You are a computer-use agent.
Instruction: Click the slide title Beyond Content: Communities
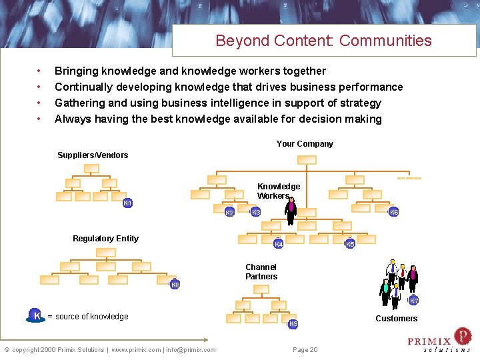click(x=323, y=41)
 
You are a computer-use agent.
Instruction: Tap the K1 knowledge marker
click(x=128, y=203)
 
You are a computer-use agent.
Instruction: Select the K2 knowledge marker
click(x=229, y=213)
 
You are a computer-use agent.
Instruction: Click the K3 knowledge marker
click(x=255, y=212)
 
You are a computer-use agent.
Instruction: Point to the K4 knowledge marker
click(x=279, y=245)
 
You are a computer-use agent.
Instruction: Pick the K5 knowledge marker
click(x=350, y=244)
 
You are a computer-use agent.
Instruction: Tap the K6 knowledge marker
click(x=394, y=212)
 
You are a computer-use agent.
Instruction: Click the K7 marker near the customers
click(x=414, y=301)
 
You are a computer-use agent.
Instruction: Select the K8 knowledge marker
click(x=175, y=285)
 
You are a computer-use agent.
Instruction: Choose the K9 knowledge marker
click(x=293, y=324)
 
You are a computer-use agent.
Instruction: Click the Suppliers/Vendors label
click(x=93, y=155)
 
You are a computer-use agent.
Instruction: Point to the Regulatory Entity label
click(x=105, y=239)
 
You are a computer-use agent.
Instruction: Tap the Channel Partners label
click(x=261, y=272)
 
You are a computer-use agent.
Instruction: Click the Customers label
click(x=396, y=319)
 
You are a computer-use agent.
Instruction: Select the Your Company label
click(x=305, y=144)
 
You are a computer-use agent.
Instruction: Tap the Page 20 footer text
click(x=305, y=350)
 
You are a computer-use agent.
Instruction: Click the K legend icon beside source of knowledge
click(x=37, y=315)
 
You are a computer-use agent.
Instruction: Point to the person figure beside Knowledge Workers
click(x=291, y=211)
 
